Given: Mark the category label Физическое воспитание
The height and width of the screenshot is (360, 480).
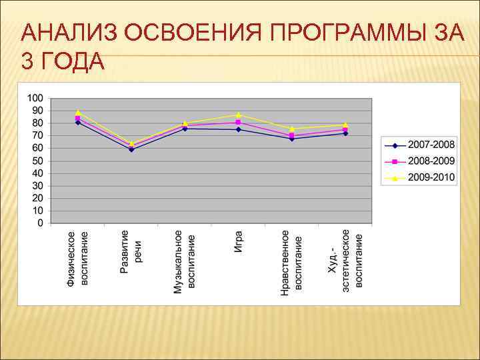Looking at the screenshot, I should (x=77, y=259).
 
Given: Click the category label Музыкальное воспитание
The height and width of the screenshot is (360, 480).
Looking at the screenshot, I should (x=185, y=262).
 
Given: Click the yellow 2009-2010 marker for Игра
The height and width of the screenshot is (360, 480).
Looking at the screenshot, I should (x=238, y=115).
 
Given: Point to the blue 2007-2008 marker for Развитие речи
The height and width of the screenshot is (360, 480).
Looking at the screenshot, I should (x=131, y=149).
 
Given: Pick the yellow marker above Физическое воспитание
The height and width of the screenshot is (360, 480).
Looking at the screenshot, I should (x=78, y=113).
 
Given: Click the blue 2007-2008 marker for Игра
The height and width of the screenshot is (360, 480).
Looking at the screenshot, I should (x=238, y=129).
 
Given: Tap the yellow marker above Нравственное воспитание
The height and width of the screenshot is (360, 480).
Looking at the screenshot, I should (x=292, y=129).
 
